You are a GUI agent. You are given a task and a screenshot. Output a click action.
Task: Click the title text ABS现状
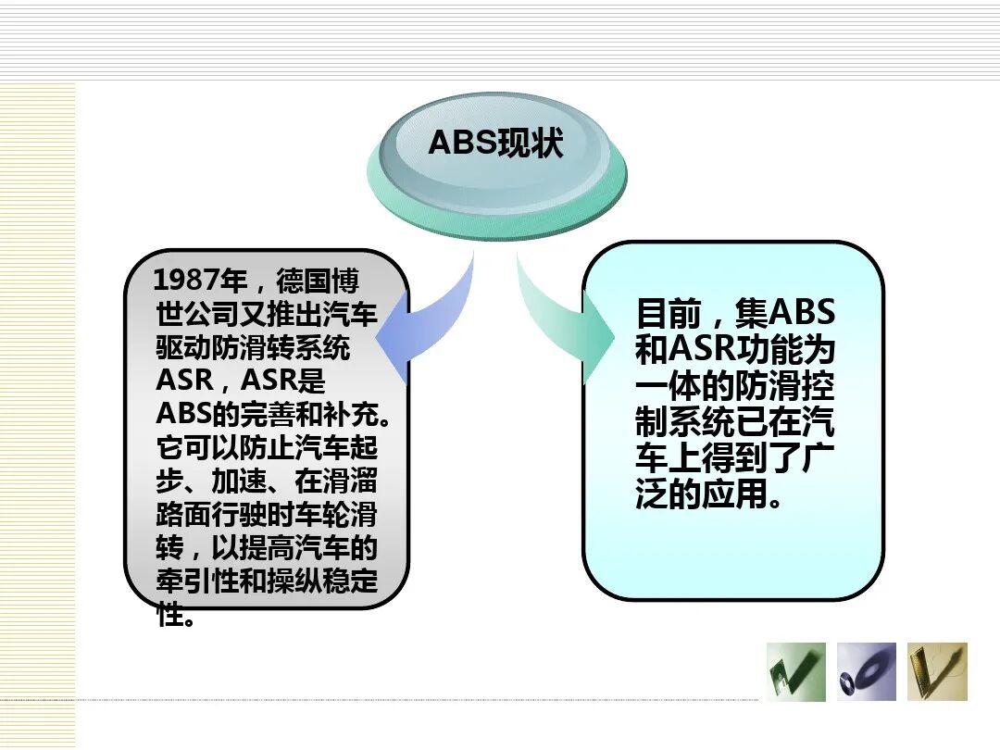[496, 144]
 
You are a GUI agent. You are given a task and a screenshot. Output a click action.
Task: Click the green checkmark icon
[796, 671]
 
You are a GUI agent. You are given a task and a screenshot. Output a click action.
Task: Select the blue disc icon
[866, 671]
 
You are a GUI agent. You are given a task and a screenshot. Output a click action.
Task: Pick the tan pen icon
[937, 671]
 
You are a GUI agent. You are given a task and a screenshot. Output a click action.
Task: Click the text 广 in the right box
[819, 458]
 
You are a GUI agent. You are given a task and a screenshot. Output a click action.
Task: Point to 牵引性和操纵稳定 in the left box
[267, 582]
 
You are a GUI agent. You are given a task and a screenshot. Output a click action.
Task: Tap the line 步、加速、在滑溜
[267, 481]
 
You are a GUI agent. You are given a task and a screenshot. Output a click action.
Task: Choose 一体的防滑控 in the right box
[735, 386]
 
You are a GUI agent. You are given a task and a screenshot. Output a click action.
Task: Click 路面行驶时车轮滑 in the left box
[267, 516]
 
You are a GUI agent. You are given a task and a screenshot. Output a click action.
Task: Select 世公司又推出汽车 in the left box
[267, 315]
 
